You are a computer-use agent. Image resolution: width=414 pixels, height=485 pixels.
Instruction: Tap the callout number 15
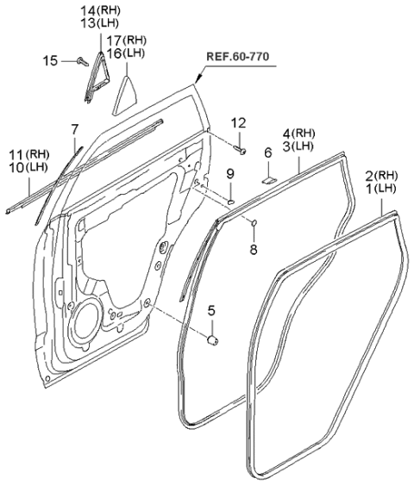click(51, 59)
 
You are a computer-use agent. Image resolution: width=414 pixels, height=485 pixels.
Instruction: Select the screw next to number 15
click(78, 59)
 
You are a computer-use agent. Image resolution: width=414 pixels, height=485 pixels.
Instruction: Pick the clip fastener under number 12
click(241, 152)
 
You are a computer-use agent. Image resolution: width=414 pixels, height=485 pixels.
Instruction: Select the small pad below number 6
click(268, 181)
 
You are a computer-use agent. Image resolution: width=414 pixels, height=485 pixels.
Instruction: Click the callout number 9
click(230, 175)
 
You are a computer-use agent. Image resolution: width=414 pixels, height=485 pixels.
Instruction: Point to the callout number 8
click(253, 251)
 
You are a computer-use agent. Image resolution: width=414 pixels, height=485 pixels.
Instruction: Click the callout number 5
click(210, 308)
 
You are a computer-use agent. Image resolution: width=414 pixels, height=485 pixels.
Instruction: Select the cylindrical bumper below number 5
click(210, 341)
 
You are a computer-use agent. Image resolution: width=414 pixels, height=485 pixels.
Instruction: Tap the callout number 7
click(74, 129)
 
